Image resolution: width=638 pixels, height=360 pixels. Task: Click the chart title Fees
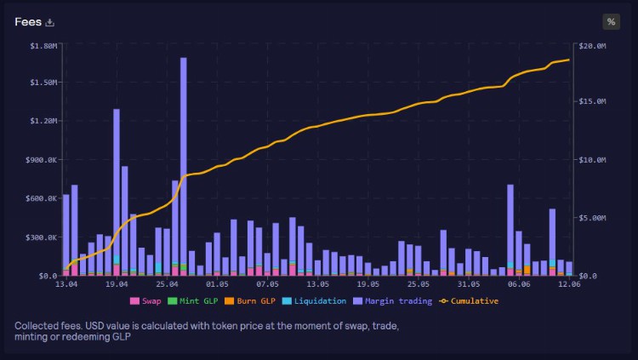28,22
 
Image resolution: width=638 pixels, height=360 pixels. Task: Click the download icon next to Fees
50,22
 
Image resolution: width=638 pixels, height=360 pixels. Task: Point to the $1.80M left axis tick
40,44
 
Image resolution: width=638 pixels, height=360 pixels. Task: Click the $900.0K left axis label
40,160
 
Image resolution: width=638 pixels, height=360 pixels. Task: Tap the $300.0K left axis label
40,237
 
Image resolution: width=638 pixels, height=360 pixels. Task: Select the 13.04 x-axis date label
66,285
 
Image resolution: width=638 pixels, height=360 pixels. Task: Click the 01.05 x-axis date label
217,285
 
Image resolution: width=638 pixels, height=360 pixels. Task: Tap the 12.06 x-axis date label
568,285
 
